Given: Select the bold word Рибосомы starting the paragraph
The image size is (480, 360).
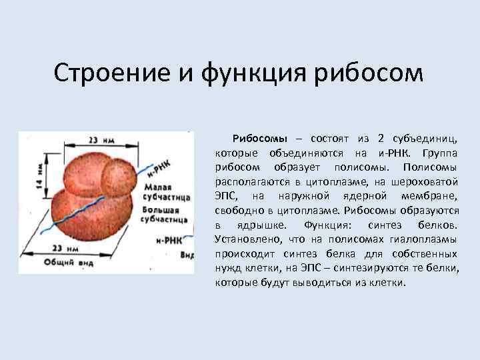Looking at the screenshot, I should coord(259,139).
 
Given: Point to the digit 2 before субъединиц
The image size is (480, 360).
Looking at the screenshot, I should coord(380,139).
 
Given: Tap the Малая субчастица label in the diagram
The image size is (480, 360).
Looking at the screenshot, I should coord(167,193).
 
